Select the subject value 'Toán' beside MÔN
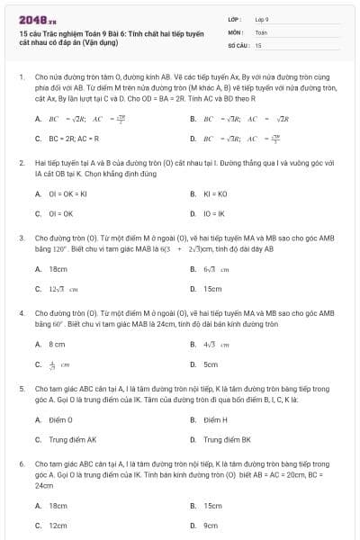261,31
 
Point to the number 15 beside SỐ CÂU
258,44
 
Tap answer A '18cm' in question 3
58,269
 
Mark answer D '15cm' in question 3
212,289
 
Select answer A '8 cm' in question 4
57,344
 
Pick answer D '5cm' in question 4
211,364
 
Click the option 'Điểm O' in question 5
61,419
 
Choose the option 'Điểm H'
215,419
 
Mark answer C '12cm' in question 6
58,525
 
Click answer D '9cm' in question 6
211,525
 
